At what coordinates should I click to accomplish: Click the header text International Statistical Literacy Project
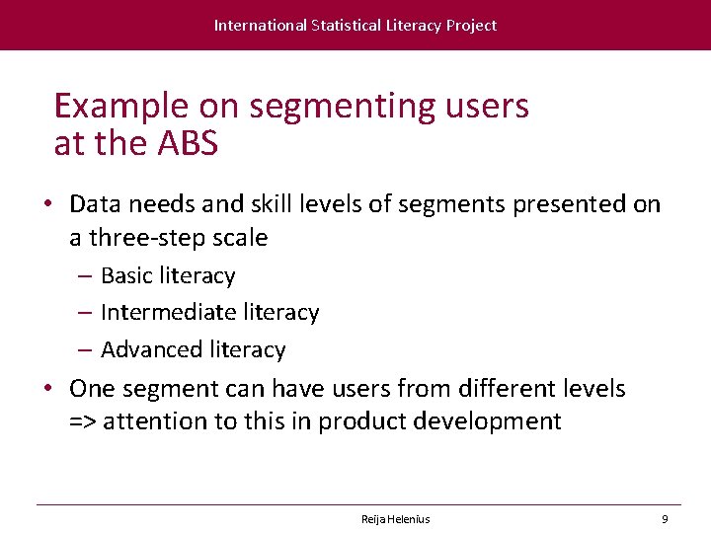pyautogui.click(x=355, y=26)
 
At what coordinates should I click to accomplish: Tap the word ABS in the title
pyautogui.click(x=187, y=144)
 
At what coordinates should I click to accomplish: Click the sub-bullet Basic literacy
pyautogui.click(x=168, y=276)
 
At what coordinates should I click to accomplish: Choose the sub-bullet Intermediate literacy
pyautogui.click(x=209, y=313)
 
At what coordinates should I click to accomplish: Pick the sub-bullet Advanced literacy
pyautogui.click(x=193, y=349)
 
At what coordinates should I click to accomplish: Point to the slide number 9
pyautogui.click(x=665, y=519)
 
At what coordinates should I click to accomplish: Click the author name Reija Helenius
pyautogui.click(x=395, y=519)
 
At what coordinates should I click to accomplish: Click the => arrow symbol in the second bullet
pyautogui.click(x=83, y=422)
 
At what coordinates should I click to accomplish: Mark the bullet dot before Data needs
pyautogui.click(x=46, y=204)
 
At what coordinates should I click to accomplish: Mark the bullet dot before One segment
pyautogui.click(x=46, y=389)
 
